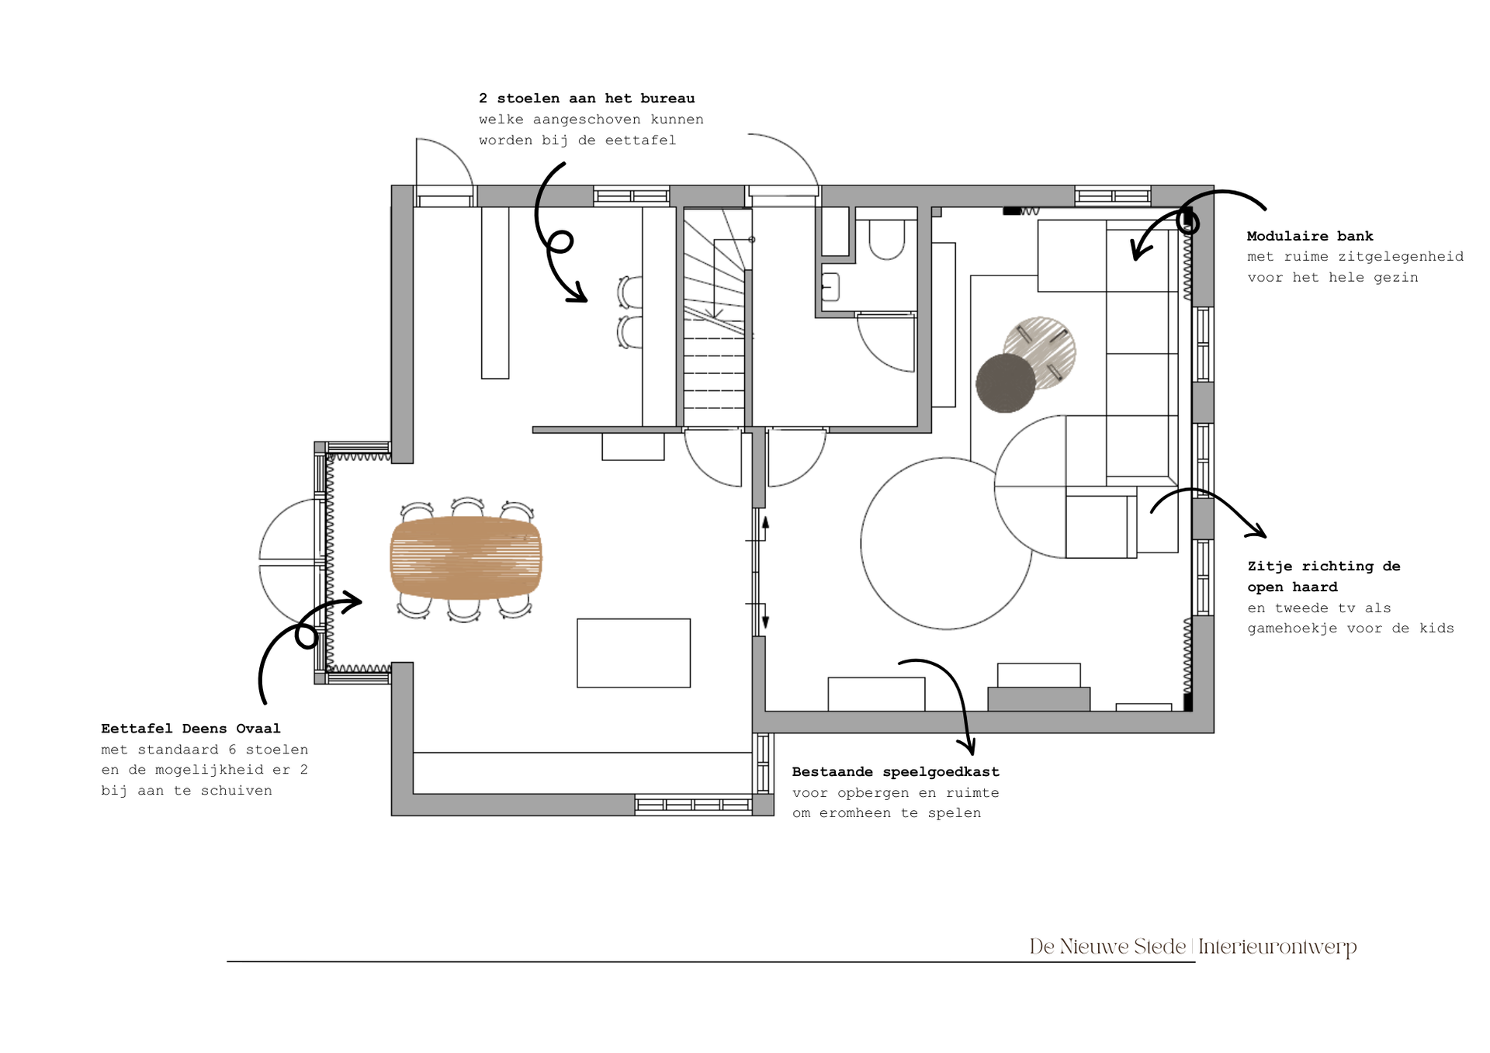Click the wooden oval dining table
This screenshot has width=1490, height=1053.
click(466, 557)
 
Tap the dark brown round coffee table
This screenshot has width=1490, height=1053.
click(1005, 383)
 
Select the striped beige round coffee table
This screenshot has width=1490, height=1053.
click(1040, 352)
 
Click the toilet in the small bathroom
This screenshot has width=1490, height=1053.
click(887, 238)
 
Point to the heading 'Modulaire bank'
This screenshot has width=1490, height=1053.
click(1310, 236)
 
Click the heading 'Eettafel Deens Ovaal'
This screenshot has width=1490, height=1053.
click(191, 729)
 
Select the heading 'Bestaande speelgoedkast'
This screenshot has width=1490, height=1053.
click(896, 772)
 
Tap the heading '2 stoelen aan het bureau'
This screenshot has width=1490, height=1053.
click(587, 99)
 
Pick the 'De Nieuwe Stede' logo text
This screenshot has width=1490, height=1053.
click(1107, 947)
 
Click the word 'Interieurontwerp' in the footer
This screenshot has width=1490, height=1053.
click(1277, 947)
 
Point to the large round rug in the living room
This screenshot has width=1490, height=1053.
click(946, 543)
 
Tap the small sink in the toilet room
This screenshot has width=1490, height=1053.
click(830, 287)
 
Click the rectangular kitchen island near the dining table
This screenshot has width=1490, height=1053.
click(633, 653)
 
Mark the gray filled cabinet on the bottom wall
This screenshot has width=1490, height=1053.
click(1038, 698)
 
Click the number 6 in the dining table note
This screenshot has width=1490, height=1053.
click(232, 750)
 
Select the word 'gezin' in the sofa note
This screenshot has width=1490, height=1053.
click(1395, 278)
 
